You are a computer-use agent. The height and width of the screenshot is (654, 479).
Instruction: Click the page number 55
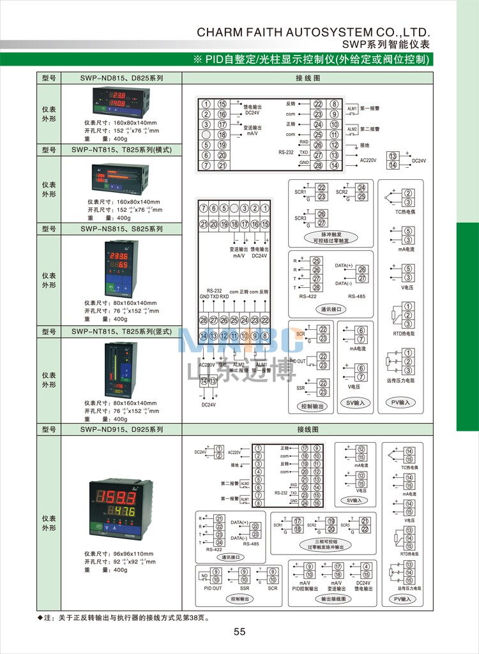click(x=240, y=632)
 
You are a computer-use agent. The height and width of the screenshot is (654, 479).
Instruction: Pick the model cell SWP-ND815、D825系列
click(x=121, y=78)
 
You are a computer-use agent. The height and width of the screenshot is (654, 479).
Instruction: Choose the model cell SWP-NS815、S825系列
click(x=121, y=228)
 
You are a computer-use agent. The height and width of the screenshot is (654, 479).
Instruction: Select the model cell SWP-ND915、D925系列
click(x=121, y=430)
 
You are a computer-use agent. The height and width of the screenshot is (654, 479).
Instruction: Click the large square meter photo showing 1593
click(x=121, y=507)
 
